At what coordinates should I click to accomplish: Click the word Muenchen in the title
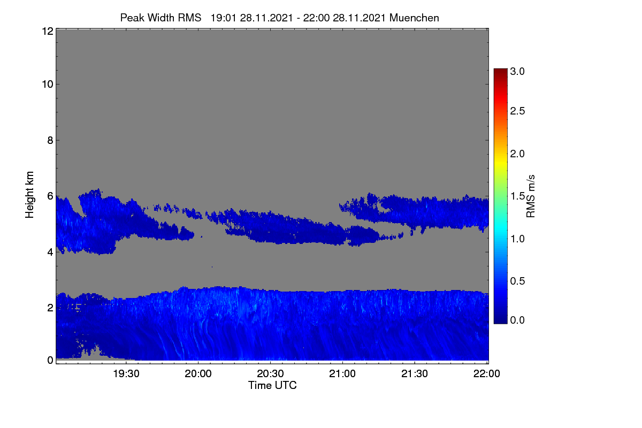point(414,18)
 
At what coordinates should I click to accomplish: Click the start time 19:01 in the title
point(224,18)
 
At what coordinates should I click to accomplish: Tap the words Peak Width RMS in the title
point(161,18)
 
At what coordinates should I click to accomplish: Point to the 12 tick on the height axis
point(48,31)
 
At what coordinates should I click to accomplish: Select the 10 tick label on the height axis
point(48,85)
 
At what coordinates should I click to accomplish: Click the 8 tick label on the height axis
point(50,140)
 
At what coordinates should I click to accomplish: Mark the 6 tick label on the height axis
point(50,196)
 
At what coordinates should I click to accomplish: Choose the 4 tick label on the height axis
point(50,253)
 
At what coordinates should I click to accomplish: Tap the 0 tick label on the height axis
point(50,360)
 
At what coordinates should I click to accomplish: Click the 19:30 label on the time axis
point(126,373)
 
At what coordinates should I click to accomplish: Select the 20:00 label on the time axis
point(198,373)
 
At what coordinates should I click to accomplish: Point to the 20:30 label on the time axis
point(270,373)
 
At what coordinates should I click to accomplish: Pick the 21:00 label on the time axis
point(342,373)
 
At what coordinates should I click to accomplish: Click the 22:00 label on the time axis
point(487,373)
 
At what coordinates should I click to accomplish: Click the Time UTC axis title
point(272,385)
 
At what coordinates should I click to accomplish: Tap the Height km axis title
point(29,195)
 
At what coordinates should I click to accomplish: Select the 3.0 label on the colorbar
point(517,71)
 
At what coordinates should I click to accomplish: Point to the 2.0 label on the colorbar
point(517,154)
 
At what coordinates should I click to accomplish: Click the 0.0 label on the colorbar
point(517,320)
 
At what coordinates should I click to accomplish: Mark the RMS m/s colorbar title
point(531,196)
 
